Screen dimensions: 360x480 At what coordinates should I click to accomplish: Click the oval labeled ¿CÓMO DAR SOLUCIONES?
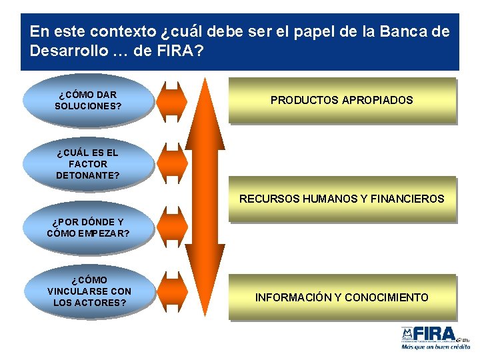point(88,100)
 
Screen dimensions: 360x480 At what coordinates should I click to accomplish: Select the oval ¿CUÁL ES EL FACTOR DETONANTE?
point(88,164)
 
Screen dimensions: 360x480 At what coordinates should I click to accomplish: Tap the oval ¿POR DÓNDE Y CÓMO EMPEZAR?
point(88,228)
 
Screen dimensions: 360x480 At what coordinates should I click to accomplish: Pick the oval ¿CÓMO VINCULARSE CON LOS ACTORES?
point(89,292)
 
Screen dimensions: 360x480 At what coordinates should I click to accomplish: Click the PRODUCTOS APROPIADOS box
point(341,101)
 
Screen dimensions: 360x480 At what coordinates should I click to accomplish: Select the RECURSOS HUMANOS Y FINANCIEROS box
point(341,199)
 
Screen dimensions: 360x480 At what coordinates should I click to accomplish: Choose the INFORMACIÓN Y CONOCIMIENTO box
point(341,297)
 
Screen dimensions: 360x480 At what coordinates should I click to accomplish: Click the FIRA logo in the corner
point(433,333)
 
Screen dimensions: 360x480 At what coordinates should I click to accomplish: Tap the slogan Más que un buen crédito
point(435,347)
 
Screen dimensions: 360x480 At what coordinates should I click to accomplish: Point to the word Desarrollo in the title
point(61,51)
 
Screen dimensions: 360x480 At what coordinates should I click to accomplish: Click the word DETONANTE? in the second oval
point(88,175)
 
